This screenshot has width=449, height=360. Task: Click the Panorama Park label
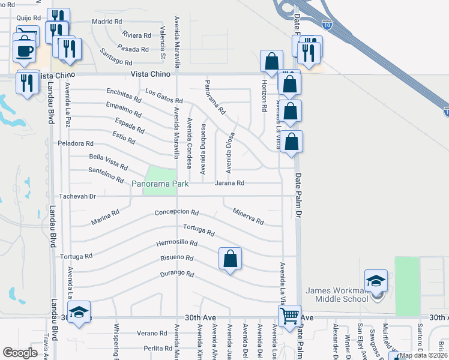[x=160, y=183]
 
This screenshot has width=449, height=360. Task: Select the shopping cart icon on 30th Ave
[x=290, y=315]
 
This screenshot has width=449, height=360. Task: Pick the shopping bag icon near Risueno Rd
[x=230, y=259]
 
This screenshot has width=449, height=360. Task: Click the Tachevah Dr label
[x=77, y=196]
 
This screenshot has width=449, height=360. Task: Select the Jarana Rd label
[x=230, y=183]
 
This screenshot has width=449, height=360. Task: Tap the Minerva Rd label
[x=248, y=216]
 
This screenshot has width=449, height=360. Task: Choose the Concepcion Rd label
[x=176, y=212]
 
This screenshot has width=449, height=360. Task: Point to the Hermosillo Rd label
[x=176, y=243]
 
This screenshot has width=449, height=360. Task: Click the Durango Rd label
[x=176, y=274]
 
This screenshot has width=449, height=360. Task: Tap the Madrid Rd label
[x=107, y=22]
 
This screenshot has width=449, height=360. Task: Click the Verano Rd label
[x=151, y=333]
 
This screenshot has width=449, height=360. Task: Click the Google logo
[x=20, y=353]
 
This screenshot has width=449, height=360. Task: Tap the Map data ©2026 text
[x=423, y=355]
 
